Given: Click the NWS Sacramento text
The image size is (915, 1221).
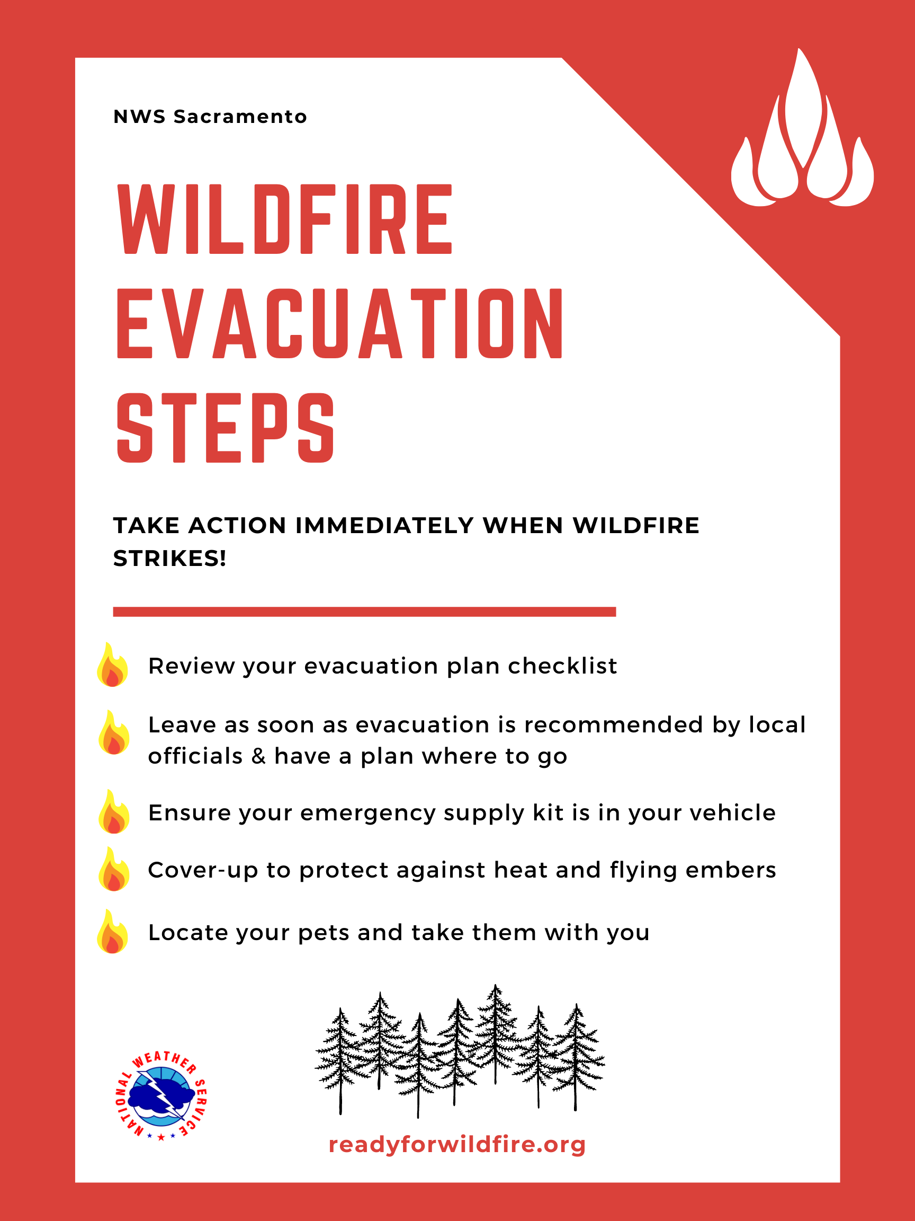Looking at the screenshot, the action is pyautogui.click(x=210, y=117).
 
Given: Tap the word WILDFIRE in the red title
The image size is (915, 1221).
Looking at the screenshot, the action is pyautogui.click(x=285, y=219).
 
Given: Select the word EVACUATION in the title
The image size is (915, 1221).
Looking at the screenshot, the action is pyautogui.click(x=340, y=323).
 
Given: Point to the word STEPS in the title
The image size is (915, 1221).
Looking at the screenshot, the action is pyautogui.click(x=225, y=428).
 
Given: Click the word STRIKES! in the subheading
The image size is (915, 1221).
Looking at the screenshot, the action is pyautogui.click(x=169, y=559).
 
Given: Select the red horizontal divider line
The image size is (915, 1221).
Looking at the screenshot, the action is pyautogui.click(x=364, y=612).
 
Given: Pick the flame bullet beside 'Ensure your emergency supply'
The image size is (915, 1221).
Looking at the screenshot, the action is pyautogui.click(x=114, y=811).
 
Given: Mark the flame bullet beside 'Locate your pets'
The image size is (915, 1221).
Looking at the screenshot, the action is pyautogui.click(x=112, y=931).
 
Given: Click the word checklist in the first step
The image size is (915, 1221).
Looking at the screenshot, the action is pyautogui.click(x=562, y=666).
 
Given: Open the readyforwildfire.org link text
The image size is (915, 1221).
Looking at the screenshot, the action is pyautogui.click(x=456, y=1144).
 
